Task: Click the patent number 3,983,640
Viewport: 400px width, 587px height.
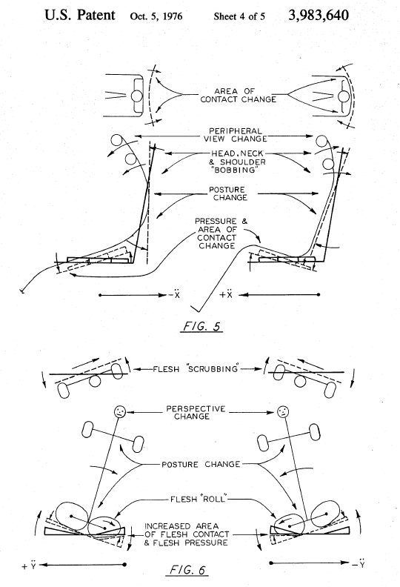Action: click(x=319, y=16)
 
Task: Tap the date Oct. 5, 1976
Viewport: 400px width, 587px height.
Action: click(x=156, y=16)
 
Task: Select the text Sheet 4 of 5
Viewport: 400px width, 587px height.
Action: click(x=239, y=16)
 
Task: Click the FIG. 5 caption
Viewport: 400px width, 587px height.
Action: click(x=201, y=326)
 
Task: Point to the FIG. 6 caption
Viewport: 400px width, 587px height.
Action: click(x=187, y=570)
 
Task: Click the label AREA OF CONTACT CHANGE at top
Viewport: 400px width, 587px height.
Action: click(x=239, y=95)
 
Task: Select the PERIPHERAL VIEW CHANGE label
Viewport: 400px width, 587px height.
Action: click(x=236, y=135)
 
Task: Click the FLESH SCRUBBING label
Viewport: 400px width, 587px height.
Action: click(x=196, y=369)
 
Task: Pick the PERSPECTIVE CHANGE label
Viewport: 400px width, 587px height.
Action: click(x=196, y=412)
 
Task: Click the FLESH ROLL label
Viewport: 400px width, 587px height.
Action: click(x=199, y=499)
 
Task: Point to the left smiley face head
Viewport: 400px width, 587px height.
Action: click(x=119, y=412)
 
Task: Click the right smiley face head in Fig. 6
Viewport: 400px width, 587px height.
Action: click(x=283, y=412)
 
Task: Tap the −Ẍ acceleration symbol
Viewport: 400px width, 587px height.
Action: click(x=175, y=295)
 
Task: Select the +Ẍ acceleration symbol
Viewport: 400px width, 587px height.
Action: click(x=226, y=295)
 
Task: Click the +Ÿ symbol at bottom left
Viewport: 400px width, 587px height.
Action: click(x=29, y=566)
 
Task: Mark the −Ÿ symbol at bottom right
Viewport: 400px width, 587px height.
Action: click(x=359, y=563)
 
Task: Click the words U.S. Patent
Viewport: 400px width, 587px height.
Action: click(x=80, y=16)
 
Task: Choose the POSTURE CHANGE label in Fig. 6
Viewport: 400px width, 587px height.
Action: click(x=201, y=464)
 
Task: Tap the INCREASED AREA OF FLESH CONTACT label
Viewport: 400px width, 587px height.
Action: click(x=187, y=534)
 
